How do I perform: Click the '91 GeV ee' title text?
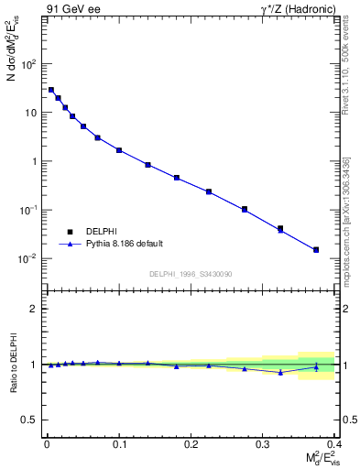71,9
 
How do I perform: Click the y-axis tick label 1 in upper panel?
33,162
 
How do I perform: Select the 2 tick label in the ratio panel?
33,309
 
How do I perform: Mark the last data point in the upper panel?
316,249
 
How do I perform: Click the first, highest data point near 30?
51,90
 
